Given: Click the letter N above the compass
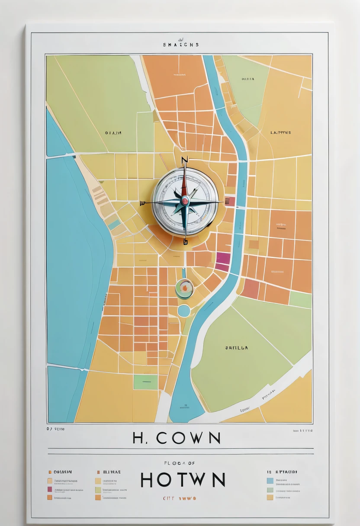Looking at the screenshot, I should point(185,160).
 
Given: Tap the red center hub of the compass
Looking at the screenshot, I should point(185,200).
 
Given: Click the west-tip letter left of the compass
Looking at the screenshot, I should point(142,202).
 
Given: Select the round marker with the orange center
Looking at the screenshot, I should point(184,288).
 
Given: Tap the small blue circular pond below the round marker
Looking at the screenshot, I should point(184,311).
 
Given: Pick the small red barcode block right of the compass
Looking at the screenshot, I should point(230,201).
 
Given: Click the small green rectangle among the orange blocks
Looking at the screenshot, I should point(145,382).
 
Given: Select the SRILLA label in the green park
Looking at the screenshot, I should point(237,347).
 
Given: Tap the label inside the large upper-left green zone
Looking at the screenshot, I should point(113,133).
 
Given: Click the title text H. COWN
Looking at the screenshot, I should point(177,438).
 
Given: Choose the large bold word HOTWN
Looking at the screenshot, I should point(183,480).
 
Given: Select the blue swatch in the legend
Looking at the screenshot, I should point(270,480).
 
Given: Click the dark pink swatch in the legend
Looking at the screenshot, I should point(50,489).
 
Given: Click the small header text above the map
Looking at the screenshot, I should point(181,44).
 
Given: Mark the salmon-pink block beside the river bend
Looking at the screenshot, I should point(251,289).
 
